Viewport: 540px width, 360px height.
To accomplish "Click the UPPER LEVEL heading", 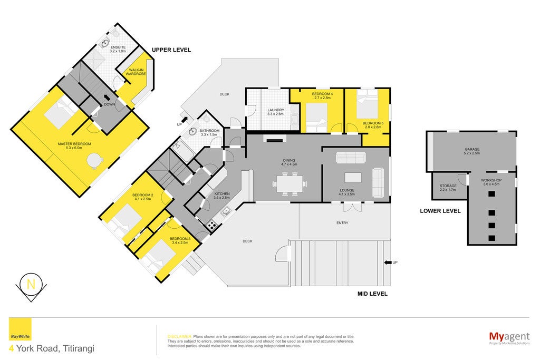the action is click(171, 50).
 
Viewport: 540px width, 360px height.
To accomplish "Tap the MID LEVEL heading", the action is click(372, 294).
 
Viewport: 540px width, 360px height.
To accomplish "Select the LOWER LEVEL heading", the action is click(440, 211).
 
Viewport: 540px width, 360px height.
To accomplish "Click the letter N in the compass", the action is click(31, 284).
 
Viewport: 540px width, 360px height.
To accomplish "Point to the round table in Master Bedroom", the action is click(95, 160).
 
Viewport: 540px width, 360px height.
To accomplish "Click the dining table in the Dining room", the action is click(290, 183).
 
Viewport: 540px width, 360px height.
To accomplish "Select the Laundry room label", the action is click(275, 112).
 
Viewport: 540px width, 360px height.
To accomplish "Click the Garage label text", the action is click(472, 151).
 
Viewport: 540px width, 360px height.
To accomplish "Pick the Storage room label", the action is click(448, 188).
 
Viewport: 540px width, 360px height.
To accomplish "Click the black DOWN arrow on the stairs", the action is click(107, 98).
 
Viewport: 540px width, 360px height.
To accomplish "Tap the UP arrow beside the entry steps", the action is click(388, 262).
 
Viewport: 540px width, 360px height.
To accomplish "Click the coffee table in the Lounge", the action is click(353, 178).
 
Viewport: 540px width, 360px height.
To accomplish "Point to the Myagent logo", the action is click(509, 338).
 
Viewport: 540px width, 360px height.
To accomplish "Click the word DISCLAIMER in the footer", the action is click(179, 337).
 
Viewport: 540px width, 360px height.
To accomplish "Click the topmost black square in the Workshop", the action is click(491, 194).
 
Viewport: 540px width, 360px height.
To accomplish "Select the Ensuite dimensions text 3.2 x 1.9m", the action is click(118, 51).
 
